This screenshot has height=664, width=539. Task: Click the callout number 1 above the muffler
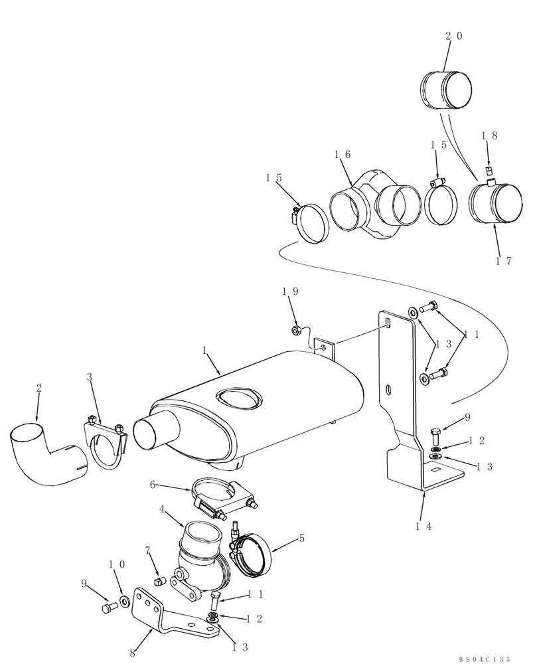click(x=204, y=349)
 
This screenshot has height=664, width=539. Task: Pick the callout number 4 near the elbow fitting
click(x=161, y=510)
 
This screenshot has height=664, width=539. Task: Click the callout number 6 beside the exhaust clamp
click(x=152, y=485)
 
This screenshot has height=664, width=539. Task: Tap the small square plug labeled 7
click(x=159, y=582)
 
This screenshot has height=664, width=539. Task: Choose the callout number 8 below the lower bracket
click(x=133, y=653)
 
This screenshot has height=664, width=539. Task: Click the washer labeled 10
click(x=124, y=604)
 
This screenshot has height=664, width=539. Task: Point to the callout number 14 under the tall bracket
click(x=424, y=526)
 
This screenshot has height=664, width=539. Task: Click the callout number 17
click(x=504, y=260)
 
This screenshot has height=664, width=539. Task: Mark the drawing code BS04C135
click(x=484, y=659)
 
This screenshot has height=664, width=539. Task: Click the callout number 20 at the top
click(x=453, y=36)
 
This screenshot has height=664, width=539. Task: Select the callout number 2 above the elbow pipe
click(x=38, y=386)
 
